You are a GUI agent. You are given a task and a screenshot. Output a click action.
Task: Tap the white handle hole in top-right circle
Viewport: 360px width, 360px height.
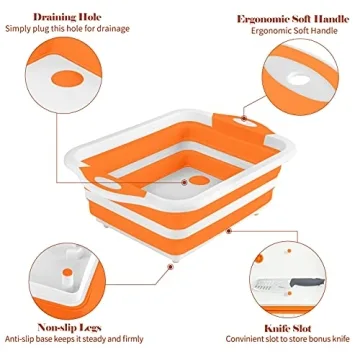301,78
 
